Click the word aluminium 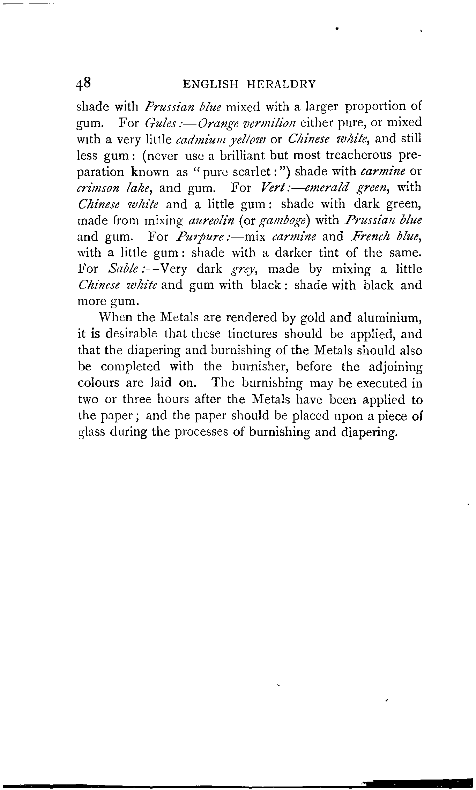click(x=389, y=318)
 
